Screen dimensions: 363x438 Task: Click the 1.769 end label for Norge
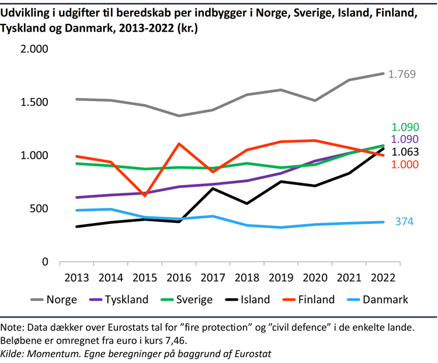[402, 75]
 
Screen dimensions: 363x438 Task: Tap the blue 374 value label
[405, 222]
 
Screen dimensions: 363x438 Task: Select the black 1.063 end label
[405, 152]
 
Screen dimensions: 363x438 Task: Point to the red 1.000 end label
[405, 165]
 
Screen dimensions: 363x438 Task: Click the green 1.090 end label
[405, 127]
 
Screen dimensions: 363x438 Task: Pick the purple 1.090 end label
[405, 139]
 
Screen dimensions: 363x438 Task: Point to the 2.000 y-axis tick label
[33, 49]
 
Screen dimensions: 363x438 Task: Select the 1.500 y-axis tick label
[33, 102]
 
